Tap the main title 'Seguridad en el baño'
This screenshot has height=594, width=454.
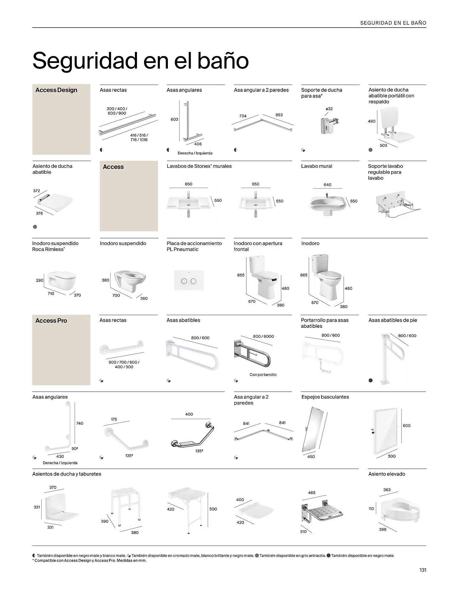click(x=140, y=61)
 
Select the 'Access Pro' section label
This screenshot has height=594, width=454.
click(x=51, y=321)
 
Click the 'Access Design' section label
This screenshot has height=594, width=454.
click(x=56, y=90)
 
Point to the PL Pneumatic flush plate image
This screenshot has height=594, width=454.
click(x=189, y=280)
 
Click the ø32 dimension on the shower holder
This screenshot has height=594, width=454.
click(x=329, y=109)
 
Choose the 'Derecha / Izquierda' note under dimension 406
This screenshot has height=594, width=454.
click(x=195, y=153)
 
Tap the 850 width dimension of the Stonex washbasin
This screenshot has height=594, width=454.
click(x=188, y=184)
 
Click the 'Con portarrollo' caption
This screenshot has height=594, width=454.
click(x=263, y=375)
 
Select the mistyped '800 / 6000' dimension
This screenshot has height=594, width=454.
click(x=263, y=336)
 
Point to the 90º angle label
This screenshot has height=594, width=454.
click(x=75, y=448)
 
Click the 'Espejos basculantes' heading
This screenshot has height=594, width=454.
click(x=325, y=397)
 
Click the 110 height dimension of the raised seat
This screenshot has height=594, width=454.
click(x=371, y=509)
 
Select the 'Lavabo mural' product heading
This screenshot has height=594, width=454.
click(x=316, y=166)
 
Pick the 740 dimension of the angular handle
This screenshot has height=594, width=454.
click(x=80, y=423)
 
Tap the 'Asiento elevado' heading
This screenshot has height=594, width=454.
click(x=387, y=474)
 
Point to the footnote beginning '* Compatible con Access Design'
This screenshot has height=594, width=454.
click(x=89, y=561)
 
